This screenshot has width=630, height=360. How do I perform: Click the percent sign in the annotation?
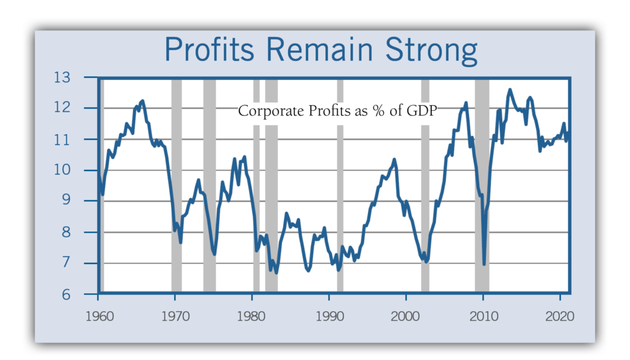(380, 111)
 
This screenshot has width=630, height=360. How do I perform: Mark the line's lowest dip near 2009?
(484, 263)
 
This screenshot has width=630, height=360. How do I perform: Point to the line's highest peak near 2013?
(509, 90)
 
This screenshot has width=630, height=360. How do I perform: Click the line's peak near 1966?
(143, 101)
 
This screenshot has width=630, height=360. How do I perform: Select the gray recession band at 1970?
(177, 185)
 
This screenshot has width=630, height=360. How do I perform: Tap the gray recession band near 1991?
(340, 185)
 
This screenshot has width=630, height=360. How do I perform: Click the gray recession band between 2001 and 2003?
(425, 185)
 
